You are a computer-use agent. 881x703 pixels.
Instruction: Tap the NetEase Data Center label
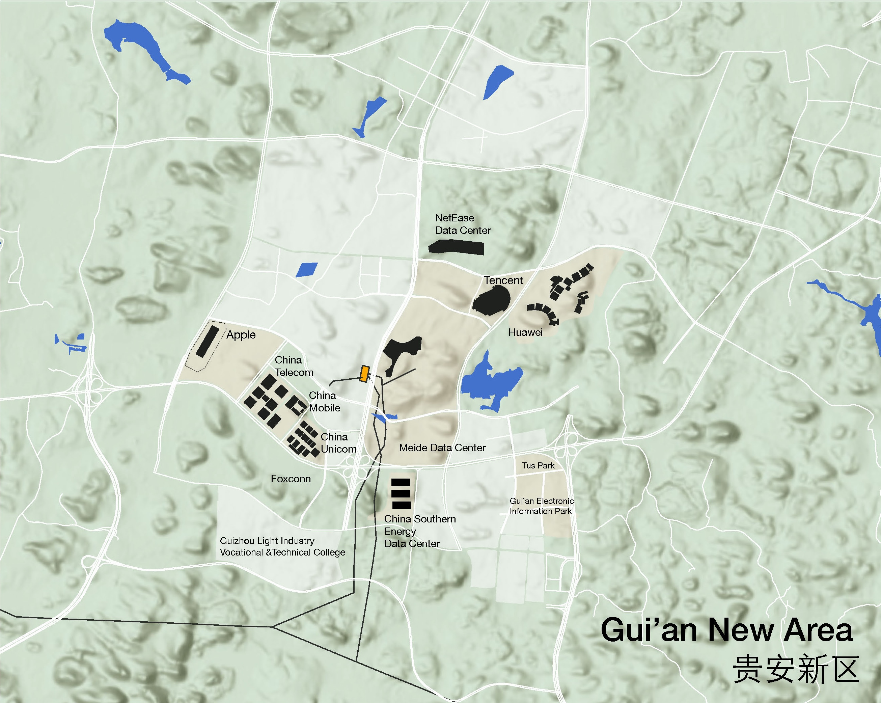point(463,224)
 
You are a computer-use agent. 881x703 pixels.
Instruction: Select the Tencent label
point(503,280)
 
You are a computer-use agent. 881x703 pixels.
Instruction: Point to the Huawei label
point(525,332)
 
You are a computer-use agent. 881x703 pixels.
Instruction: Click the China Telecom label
point(294,366)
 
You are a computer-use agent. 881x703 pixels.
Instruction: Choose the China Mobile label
point(325,401)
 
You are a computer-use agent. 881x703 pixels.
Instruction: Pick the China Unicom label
point(338,443)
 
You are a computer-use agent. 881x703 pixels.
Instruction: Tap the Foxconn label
point(291,479)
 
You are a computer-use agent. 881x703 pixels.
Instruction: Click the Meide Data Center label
point(442,448)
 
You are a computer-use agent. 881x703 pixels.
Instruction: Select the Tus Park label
point(538,465)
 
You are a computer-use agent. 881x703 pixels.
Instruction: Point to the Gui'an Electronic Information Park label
point(542,506)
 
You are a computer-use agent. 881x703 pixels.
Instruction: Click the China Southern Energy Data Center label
point(420,531)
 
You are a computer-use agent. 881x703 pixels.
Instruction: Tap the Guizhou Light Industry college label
point(282,546)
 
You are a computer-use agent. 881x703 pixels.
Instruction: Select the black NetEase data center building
point(457,248)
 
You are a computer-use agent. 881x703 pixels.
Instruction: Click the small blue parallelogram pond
point(306,270)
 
